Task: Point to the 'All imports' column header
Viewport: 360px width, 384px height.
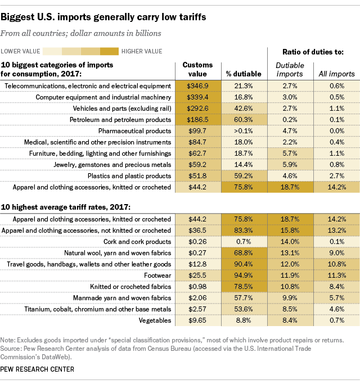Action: point(337,74)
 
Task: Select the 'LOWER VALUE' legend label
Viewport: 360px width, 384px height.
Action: point(24,52)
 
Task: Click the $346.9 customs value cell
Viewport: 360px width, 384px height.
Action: point(197,85)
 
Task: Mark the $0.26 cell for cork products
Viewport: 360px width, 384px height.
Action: point(197,242)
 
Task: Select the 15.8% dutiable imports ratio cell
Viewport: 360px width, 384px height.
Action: point(290,231)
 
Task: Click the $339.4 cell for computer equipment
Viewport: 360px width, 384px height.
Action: point(197,97)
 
